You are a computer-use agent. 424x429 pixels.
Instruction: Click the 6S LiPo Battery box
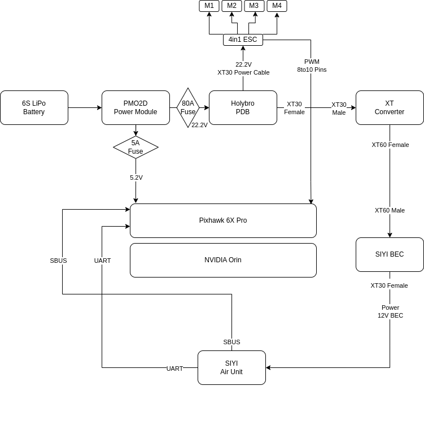pyautogui.click(x=34, y=107)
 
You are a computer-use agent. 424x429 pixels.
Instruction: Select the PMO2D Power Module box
pyautogui.click(x=135, y=107)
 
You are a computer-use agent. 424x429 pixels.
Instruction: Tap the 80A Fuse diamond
pyautogui.click(x=188, y=107)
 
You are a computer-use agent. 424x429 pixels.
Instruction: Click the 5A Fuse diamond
pyautogui.click(x=135, y=147)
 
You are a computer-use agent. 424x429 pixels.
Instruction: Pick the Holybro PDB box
pyautogui.click(x=243, y=107)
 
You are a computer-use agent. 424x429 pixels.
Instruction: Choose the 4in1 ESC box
pyautogui.click(x=243, y=40)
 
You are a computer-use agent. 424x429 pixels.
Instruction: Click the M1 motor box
pyautogui.click(x=209, y=6)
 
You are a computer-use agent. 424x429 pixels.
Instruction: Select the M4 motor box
pyautogui.click(x=277, y=6)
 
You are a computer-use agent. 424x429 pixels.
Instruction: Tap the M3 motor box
pyautogui.click(x=254, y=6)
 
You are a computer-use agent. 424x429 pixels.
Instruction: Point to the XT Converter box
pyautogui.click(x=390, y=107)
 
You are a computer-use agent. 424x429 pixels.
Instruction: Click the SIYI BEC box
pyautogui.click(x=390, y=254)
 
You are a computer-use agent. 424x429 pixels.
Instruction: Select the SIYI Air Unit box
pyautogui.click(x=231, y=367)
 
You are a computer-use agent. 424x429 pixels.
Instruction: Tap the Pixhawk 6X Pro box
pyautogui.click(x=223, y=220)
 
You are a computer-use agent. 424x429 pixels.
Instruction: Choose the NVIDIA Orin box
pyautogui.click(x=223, y=260)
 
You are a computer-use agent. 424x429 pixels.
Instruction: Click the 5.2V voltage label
pyautogui.click(x=136, y=177)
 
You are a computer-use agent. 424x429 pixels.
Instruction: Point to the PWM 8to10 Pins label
pyautogui.click(x=312, y=66)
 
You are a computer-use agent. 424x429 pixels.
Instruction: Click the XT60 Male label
pyautogui.click(x=390, y=210)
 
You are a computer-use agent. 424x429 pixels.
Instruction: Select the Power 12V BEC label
pyautogui.click(x=390, y=311)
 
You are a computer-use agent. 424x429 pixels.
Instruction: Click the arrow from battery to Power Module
pyautogui.click(x=85, y=107)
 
